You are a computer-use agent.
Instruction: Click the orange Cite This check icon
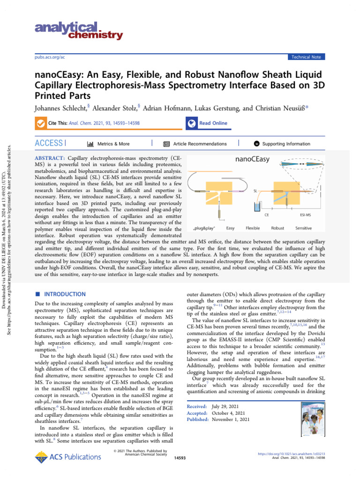point(41,123)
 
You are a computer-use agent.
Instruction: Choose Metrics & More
point(108,144)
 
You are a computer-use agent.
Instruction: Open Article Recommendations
point(195,144)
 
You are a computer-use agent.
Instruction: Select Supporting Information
point(282,144)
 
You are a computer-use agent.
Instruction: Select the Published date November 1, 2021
point(229,420)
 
